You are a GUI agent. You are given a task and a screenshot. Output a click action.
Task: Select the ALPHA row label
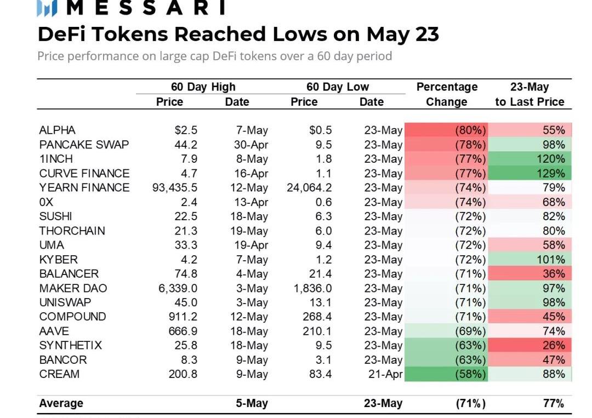58,130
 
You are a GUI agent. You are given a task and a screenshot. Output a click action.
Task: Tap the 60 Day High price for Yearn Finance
175,187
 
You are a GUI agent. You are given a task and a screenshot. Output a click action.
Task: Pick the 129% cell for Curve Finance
551,173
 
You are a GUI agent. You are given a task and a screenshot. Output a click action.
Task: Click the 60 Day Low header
338,87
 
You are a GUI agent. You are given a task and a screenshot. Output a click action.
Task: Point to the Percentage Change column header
447,94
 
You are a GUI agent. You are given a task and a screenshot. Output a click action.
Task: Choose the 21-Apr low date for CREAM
383,374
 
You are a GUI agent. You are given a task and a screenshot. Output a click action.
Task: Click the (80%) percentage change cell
470,130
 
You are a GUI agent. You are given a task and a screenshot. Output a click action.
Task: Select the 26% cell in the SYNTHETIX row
553,345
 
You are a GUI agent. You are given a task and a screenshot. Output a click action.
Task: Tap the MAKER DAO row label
73,288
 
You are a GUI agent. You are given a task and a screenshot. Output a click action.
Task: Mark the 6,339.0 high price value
178,288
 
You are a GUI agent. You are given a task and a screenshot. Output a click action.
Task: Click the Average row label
61,403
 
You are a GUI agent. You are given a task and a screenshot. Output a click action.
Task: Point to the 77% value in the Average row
553,403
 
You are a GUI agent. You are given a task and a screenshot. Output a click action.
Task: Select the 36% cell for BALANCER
553,274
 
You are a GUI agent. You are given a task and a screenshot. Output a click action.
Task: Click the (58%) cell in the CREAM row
470,374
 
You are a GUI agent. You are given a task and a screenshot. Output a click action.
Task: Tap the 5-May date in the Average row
252,403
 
